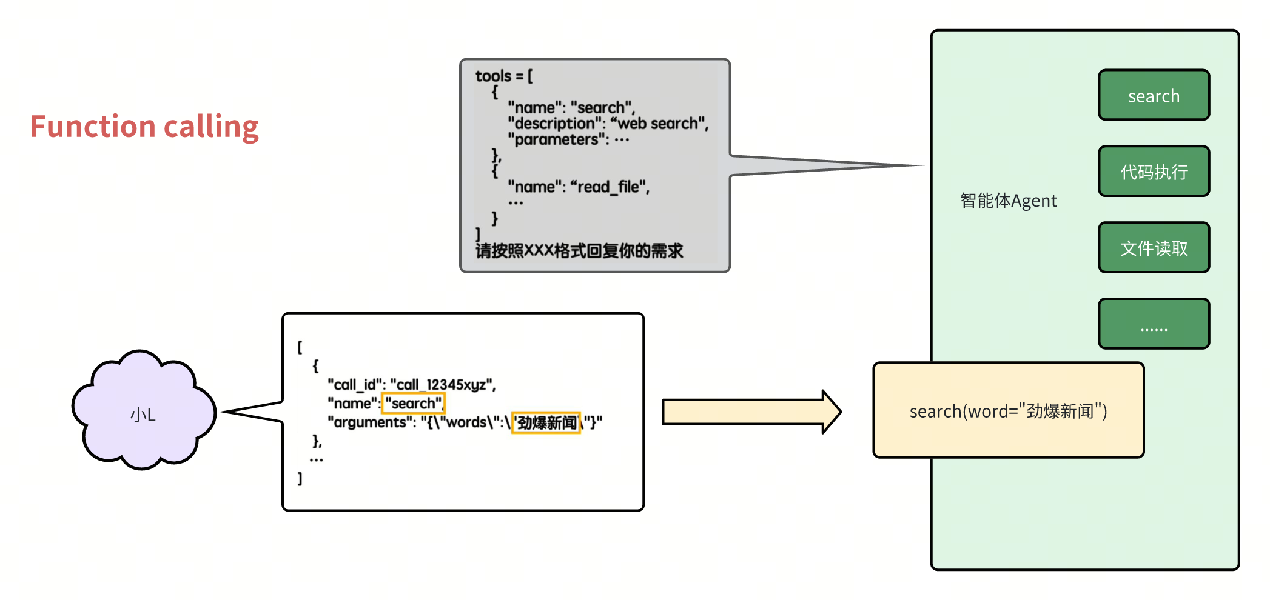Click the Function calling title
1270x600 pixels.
click(x=144, y=127)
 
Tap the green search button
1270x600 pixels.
click(x=1154, y=96)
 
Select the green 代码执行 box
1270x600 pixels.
click(x=1154, y=172)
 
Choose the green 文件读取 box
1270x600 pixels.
click(x=1154, y=248)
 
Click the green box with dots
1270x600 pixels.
click(x=1154, y=324)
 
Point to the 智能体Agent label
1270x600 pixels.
click(x=1008, y=201)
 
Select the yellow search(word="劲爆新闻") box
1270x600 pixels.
click(x=1008, y=411)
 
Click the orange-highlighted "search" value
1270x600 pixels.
click(x=413, y=404)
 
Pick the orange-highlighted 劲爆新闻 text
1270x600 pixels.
click(x=546, y=422)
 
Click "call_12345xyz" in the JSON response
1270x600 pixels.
click(x=442, y=385)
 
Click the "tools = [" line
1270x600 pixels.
click(x=503, y=76)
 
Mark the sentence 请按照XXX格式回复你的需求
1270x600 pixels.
click(x=579, y=251)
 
